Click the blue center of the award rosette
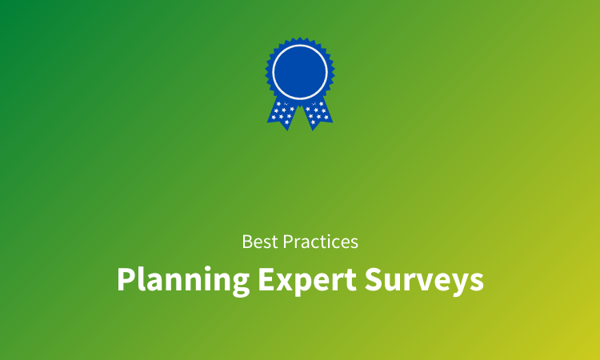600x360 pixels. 300,70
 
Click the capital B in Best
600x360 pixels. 247,241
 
